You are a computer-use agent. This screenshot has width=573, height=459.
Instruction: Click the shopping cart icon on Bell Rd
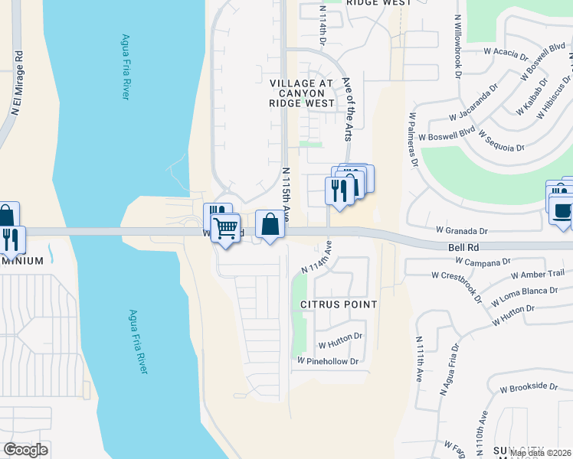pos(225,227)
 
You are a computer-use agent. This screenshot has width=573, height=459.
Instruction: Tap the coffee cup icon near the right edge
pos(561,208)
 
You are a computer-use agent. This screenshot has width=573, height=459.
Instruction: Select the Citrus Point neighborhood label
pos(339,304)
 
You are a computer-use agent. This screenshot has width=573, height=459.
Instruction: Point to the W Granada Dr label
pos(461,229)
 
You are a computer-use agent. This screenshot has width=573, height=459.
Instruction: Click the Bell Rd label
pos(463,248)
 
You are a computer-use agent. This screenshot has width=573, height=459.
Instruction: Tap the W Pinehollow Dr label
pos(328,361)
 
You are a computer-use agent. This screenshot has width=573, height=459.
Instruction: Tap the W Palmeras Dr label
pos(413,138)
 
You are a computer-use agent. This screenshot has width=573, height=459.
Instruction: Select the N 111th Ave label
pos(419,359)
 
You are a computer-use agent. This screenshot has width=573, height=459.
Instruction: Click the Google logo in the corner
pos(25,449)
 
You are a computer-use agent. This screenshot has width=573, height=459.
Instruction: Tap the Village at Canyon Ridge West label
pos(302,93)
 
